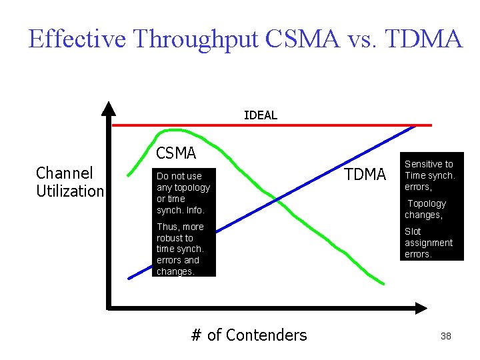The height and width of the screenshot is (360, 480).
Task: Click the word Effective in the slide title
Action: [x=77, y=39]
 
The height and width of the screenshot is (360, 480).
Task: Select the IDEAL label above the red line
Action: [x=260, y=115]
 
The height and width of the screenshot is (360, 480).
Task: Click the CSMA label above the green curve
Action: [x=176, y=153]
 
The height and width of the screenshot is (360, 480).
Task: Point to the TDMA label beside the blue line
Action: [x=365, y=175]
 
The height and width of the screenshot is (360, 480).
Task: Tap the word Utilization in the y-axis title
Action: [x=70, y=191]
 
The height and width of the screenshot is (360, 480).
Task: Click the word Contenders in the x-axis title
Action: [x=267, y=335]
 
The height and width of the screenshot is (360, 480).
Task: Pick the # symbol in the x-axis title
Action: [x=196, y=335]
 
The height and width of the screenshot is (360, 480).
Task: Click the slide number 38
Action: [x=446, y=336]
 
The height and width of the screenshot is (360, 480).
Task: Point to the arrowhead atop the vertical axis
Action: [x=109, y=108]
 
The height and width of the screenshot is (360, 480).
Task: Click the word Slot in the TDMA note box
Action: [x=413, y=231]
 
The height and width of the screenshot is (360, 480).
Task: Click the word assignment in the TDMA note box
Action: [x=428, y=243]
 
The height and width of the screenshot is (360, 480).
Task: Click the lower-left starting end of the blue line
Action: [x=129, y=277]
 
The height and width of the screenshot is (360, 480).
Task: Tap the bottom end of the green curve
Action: [x=385, y=288]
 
